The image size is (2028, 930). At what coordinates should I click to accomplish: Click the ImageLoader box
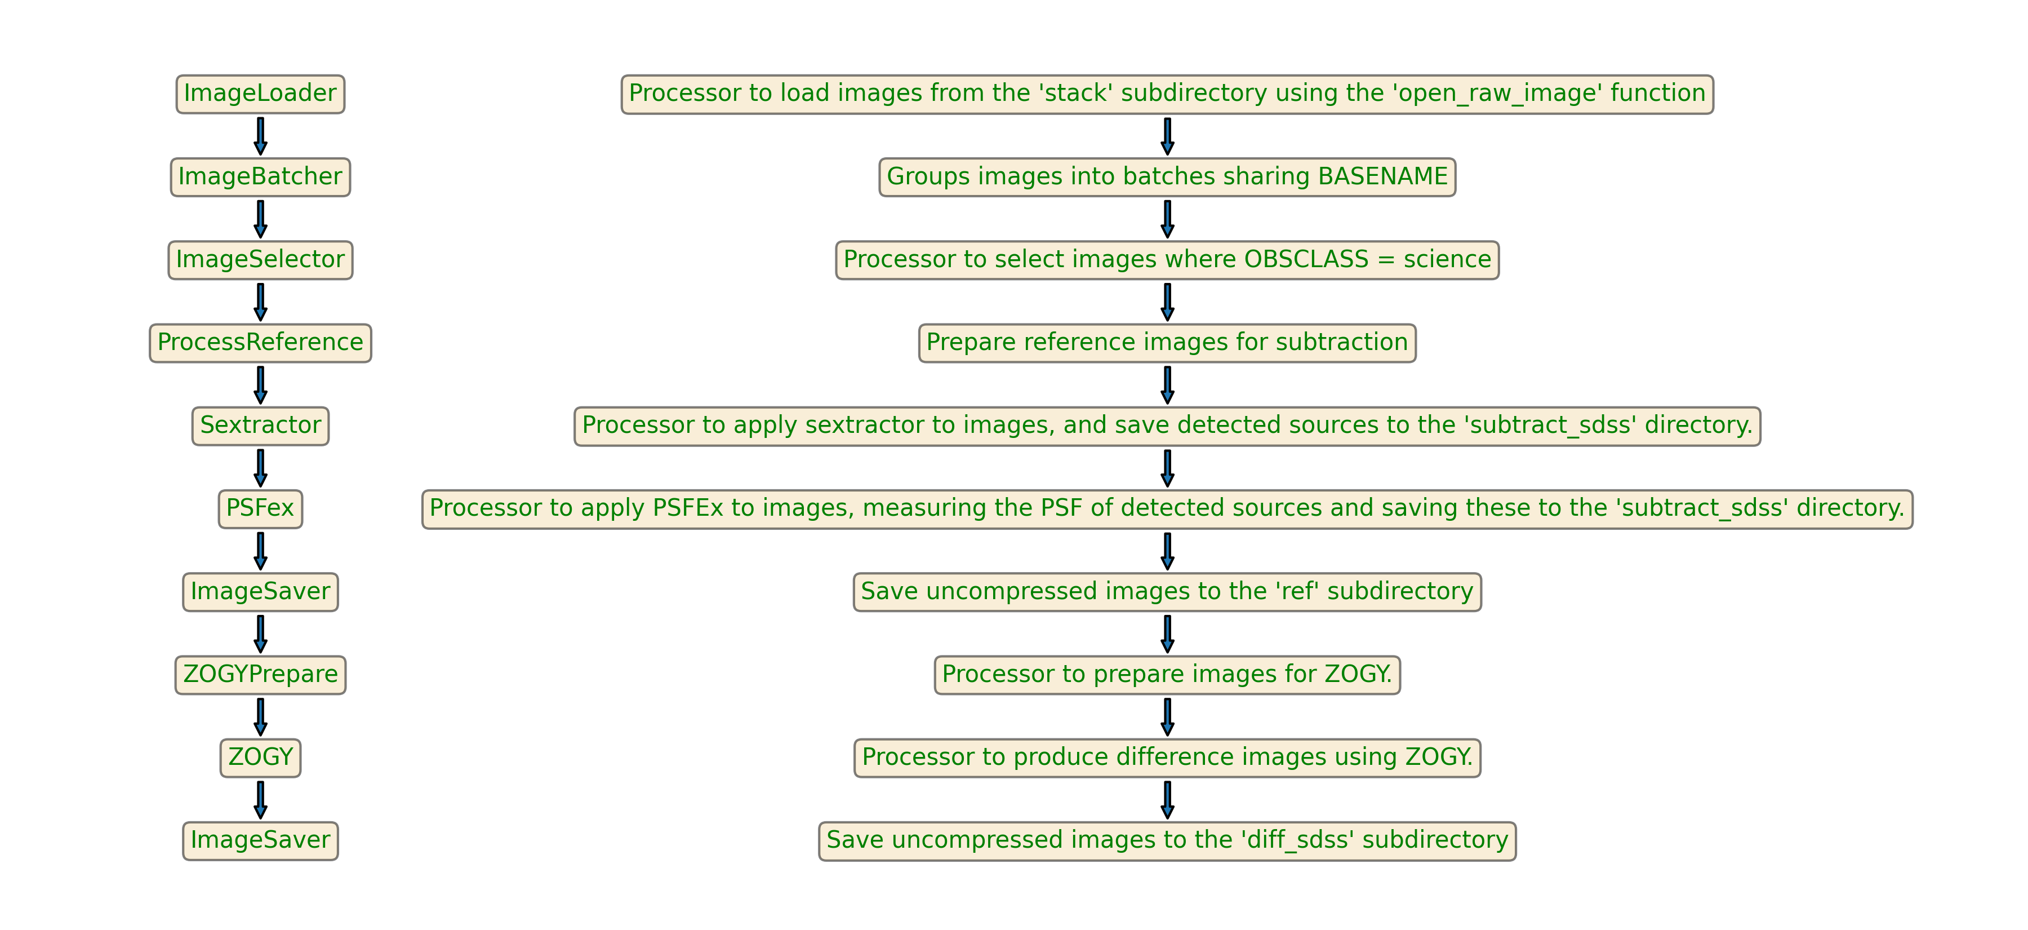[260, 94]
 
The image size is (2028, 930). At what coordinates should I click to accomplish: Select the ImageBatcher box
[260, 176]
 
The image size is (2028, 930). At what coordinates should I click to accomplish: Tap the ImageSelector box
[260, 260]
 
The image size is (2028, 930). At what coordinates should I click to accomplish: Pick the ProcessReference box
[260, 343]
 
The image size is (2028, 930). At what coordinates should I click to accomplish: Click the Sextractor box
[260, 425]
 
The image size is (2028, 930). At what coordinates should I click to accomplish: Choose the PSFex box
[260, 509]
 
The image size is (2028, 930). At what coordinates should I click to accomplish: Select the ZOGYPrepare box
[260, 674]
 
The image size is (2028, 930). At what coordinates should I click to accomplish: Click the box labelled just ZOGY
[260, 758]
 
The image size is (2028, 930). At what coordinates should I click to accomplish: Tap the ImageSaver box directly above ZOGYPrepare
[260, 591]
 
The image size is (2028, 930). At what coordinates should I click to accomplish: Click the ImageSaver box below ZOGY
[260, 840]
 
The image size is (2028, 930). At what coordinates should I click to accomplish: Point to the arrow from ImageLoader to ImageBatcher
[260, 135]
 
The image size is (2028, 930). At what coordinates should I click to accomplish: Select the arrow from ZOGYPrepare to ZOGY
[260, 716]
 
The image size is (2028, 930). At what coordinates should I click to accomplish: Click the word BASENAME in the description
[1382, 176]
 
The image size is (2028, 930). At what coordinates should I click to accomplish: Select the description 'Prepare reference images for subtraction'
[1167, 343]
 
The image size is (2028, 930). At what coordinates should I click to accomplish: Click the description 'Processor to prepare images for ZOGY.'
[1167, 674]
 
